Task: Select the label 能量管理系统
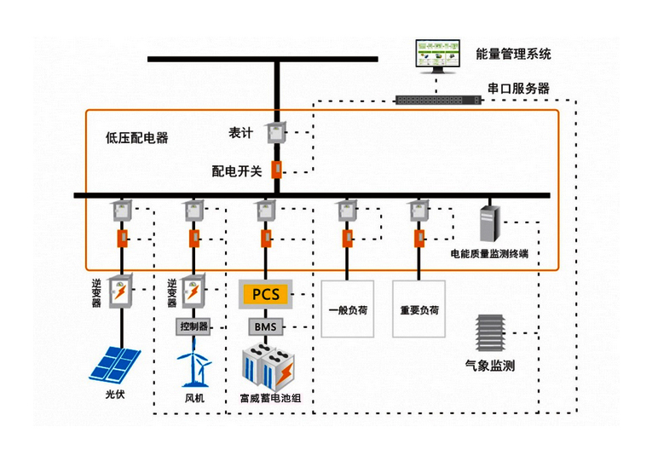pyautogui.click(x=513, y=54)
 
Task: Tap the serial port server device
pyautogui.click(x=439, y=100)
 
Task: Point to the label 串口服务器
pyautogui.click(x=517, y=88)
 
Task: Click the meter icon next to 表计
pyautogui.click(x=276, y=132)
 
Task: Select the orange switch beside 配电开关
pyautogui.click(x=276, y=169)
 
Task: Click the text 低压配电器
pyautogui.click(x=136, y=137)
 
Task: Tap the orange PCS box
pyautogui.click(x=265, y=294)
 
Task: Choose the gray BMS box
pyautogui.click(x=265, y=326)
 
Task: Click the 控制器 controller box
pyautogui.click(x=193, y=326)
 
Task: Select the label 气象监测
pyautogui.click(x=488, y=366)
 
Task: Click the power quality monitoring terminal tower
pyautogui.click(x=488, y=222)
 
